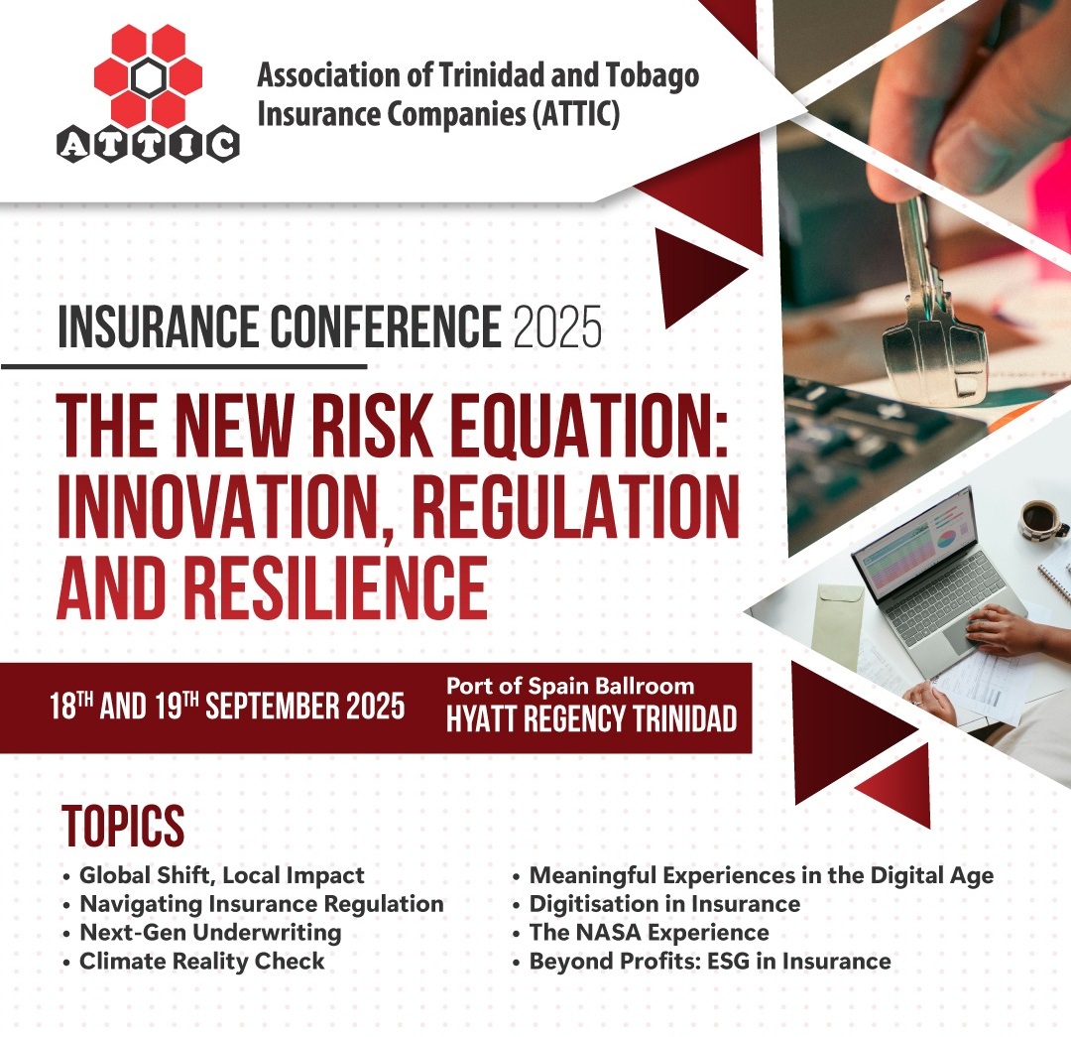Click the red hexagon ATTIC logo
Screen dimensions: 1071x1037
point(148,94)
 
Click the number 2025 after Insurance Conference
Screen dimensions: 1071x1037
point(557,327)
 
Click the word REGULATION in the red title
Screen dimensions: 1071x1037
point(576,506)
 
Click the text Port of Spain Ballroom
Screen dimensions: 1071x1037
point(570,686)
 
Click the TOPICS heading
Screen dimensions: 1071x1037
point(123,826)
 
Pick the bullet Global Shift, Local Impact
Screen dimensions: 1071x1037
point(222,875)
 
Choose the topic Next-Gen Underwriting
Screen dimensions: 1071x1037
point(210,933)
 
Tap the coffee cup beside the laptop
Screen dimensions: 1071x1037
point(1041,521)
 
